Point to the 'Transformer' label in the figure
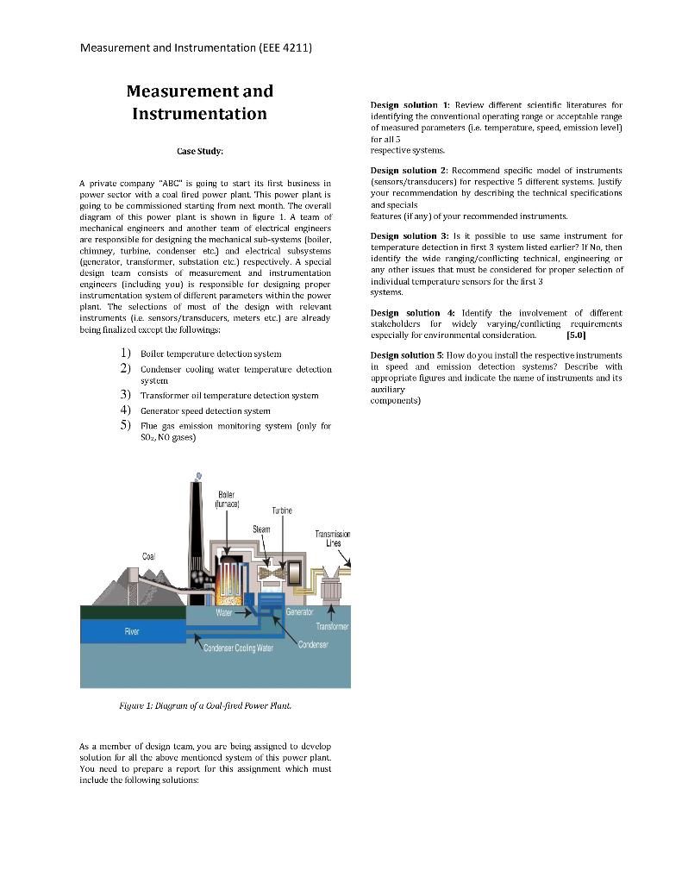pyautogui.click(x=331, y=626)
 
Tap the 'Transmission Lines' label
pyautogui.click(x=334, y=539)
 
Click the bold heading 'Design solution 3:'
pyautogui.click(x=410, y=235)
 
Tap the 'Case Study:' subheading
pyautogui.click(x=200, y=151)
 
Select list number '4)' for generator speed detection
pyautogui.click(x=126, y=410)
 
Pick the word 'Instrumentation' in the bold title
pyautogui.click(x=199, y=114)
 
